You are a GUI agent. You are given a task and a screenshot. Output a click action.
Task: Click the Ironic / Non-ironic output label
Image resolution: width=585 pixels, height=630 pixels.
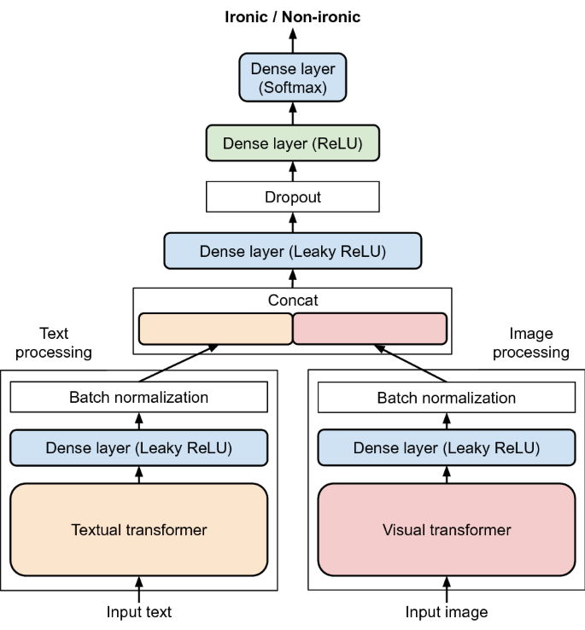[x=292, y=16]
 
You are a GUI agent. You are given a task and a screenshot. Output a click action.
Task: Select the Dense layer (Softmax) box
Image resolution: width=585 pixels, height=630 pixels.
[x=292, y=77]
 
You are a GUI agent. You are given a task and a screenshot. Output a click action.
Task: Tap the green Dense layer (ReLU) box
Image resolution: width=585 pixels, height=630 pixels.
[x=292, y=144]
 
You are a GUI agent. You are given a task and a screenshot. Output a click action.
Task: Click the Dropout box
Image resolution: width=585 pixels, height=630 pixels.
[x=292, y=197]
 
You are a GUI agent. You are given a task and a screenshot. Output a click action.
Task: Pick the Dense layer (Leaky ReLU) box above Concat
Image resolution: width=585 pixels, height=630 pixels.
[x=292, y=251]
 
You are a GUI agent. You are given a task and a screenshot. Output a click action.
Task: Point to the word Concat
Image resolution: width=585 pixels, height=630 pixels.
[x=292, y=300]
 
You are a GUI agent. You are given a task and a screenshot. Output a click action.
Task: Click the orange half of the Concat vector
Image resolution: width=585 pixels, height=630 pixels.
[x=215, y=329]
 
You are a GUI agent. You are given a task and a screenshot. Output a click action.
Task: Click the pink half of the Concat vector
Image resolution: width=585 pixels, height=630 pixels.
[x=370, y=329]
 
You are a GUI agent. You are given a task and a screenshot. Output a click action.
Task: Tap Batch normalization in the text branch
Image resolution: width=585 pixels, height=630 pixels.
[x=138, y=397]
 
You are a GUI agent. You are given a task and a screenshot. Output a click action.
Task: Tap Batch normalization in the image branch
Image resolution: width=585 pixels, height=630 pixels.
[x=446, y=397]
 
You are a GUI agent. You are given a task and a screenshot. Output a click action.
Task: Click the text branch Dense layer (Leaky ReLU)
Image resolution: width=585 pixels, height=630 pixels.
[x=138, y=447]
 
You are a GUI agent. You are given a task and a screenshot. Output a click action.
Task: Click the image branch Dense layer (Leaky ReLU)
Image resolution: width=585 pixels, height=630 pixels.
[x=446, y=447]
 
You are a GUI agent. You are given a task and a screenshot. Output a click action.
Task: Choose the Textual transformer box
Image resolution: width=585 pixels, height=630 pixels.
[x=138, y=529]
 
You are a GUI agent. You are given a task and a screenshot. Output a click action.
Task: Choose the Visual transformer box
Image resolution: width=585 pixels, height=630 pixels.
[x=446, y=529]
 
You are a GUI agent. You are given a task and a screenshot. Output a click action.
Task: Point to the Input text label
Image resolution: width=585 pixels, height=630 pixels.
[x=138, y=611]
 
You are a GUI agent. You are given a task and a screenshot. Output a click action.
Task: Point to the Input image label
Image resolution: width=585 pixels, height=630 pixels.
[x=446, y=611]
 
